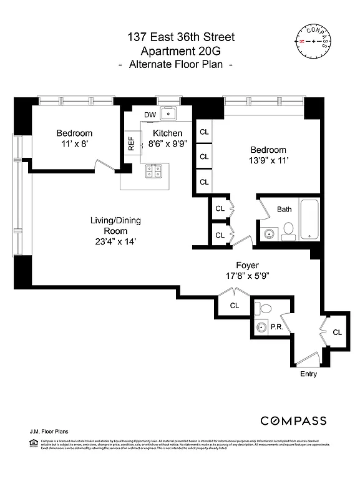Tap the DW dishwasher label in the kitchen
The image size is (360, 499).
point(150,115)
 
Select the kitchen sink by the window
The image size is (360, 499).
point(168,114)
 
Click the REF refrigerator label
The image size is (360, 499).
point(131,144)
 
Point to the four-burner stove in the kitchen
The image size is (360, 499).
point(154,170)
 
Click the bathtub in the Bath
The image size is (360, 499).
point(309,219)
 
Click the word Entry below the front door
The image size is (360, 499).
point(308,374)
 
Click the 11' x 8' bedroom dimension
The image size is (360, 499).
point(74,144)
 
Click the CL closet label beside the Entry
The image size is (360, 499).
point(338,332)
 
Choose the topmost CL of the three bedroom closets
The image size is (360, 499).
point(204,132)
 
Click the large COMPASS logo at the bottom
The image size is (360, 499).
point(293,420)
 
